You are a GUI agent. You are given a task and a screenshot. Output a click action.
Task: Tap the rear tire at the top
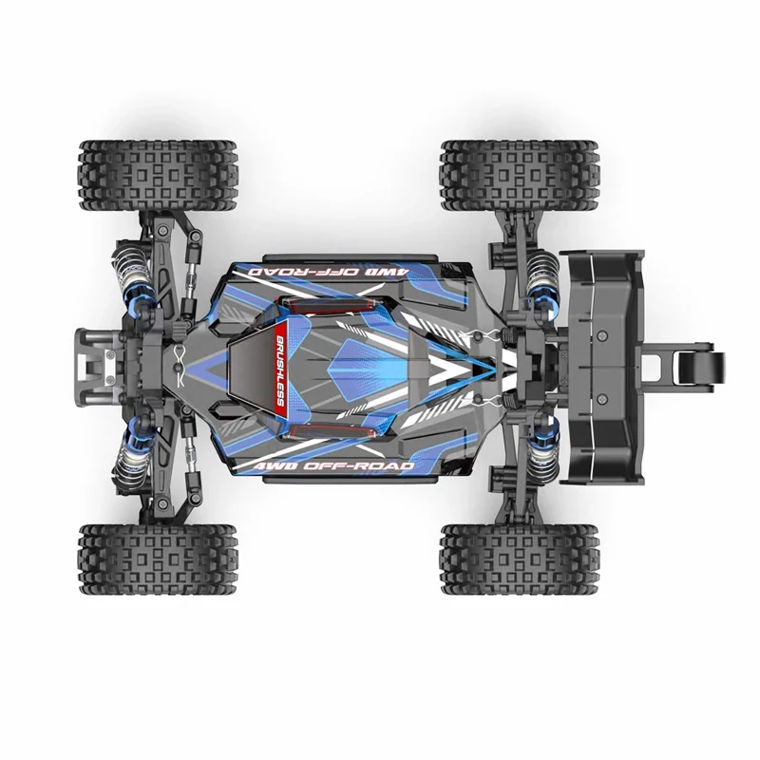coord(519,175)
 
